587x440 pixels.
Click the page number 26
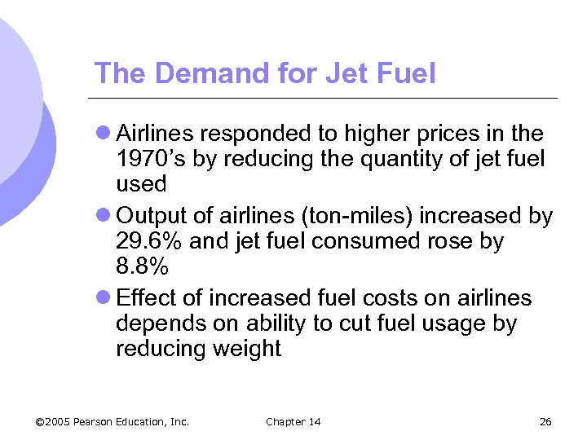pyautogui.click(x=545, y=421)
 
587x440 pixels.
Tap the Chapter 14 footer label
pyautogui.click(x=293, y=421)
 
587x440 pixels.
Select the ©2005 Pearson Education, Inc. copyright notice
pyautogui.click(x=113, y=421)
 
